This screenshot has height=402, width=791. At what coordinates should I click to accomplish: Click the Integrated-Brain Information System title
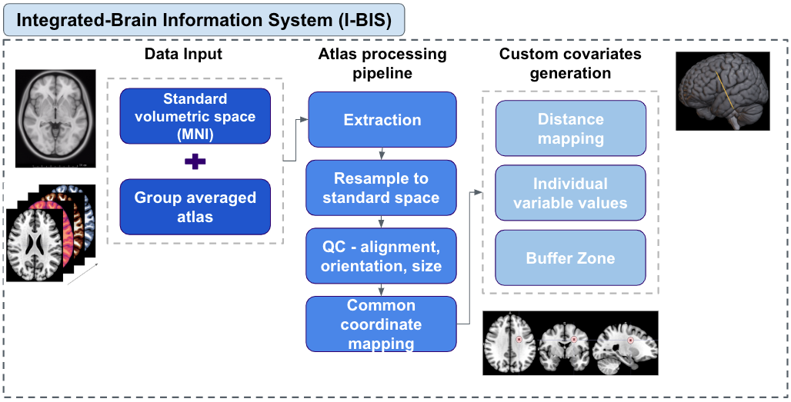[204, 20]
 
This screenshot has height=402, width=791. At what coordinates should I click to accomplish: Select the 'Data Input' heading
[183, 54]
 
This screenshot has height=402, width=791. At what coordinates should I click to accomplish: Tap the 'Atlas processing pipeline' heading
[382, 64]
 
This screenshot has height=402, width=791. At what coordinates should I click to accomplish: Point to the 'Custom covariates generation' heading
[570, 64]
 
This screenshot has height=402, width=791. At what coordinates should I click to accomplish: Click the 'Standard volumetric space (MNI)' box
[195, 117]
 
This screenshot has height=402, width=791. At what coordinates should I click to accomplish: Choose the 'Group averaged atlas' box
[195, 207]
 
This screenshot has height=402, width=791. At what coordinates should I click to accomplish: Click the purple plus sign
[195, 161]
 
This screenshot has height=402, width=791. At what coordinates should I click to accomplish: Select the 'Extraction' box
[382, 120]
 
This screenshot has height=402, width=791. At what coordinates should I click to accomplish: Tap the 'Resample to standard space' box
[382, 188]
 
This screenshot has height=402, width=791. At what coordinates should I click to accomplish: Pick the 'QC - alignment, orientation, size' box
[382, 256]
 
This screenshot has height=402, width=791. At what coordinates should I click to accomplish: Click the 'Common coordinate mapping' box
[382, 324]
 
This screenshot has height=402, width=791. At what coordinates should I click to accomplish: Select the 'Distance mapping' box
[570, 128]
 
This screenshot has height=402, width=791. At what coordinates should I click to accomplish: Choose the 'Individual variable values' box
[570, 193]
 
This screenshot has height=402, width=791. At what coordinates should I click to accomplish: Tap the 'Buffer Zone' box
[570, 258]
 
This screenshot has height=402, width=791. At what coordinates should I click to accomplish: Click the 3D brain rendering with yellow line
[723, 91]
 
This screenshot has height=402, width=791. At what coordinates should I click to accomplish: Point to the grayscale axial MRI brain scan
[56, 118]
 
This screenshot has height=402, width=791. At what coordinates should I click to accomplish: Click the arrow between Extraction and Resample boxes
[382, 153]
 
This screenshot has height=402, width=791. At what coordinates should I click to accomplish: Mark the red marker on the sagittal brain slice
[631, 339]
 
